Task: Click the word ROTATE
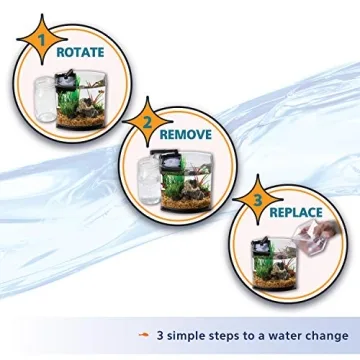(x=85, y=50)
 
